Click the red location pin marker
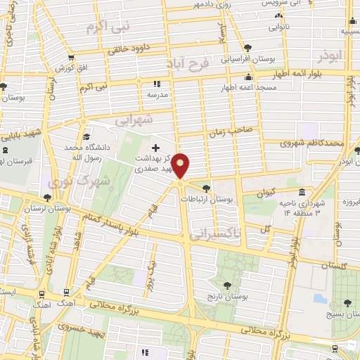pos(181,166)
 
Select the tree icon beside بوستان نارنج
pos(227,285)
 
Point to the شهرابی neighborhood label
pos(133,120)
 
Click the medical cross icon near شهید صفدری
pos(156,148)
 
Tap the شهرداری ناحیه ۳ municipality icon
pos(302,193)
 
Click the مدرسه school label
pos(157,93)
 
